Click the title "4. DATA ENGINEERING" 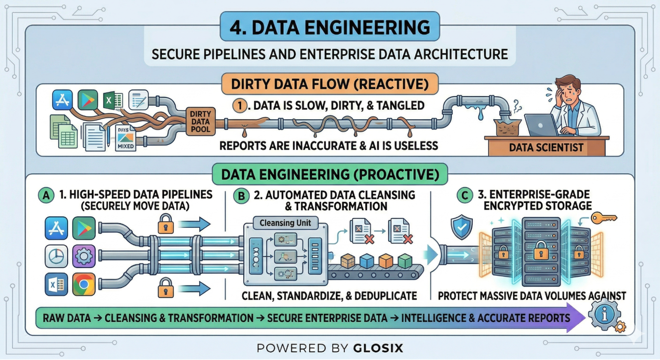(x=330, y=27)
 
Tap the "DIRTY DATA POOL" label (x=200, y=122)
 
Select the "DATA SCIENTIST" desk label (x=546, y=147)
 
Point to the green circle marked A (x=46, y=195)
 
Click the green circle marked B (x=241, y=196)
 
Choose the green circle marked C (x=465, y=195)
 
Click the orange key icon (x=603, y=218)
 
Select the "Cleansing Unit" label (x=285, y=223)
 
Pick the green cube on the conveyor (x=405, y=261)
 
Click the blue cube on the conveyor (x=366, y=261)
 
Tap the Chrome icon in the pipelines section (x=84, y=284)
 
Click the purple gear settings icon (x=84, y=256)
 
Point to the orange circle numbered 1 (x=240, y=106)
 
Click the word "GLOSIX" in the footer (x=378, y=348)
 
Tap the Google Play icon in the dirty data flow (x=87, y=100)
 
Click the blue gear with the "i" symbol (x=605, y=315)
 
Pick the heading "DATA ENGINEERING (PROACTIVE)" (x=330, y=174)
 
